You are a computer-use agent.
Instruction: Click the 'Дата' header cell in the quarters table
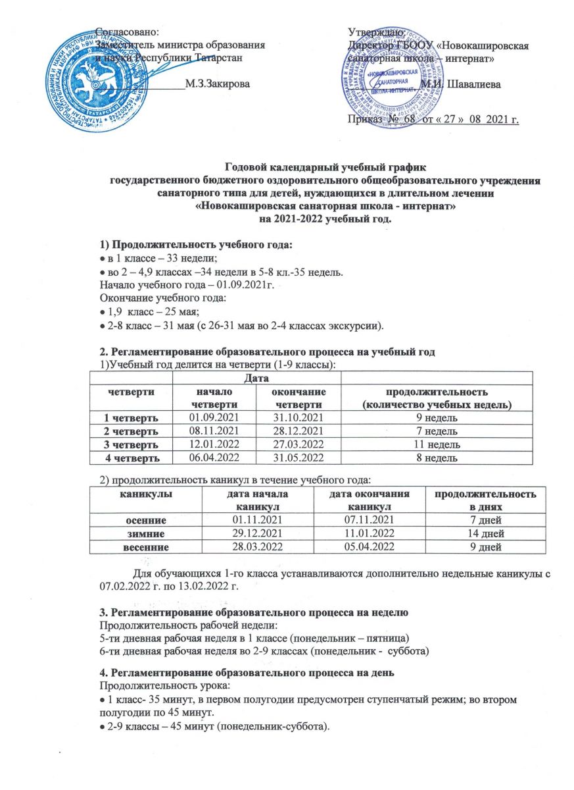click(x=257, y=377)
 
